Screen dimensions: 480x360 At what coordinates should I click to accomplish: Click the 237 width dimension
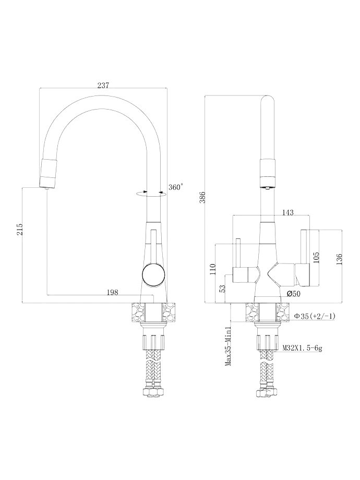coord(103,85)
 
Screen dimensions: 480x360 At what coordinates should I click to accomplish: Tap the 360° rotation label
coord(176,187)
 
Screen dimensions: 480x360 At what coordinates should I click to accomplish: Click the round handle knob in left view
coord(152,274)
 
